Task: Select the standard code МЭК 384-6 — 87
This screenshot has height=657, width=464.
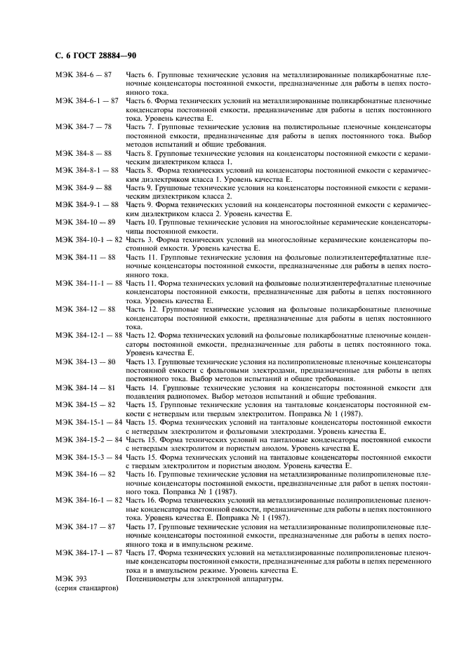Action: pyautogui.click(x=83, y=74)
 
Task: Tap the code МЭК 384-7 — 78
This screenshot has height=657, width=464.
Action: pyautogui.click(x=83, y=126)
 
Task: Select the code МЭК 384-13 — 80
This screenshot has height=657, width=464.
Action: pyautogui.click(x=85, y=360)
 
